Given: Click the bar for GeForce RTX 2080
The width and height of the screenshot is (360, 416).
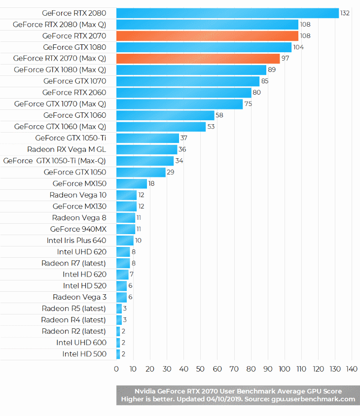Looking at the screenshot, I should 227,13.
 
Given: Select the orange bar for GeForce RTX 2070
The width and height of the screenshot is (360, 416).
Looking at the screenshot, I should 207,35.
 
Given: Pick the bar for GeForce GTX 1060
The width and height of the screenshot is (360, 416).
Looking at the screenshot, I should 165,115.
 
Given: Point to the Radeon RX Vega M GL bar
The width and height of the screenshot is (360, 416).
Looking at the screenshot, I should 146,149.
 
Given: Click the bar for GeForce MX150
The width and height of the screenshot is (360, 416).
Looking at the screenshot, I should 132,183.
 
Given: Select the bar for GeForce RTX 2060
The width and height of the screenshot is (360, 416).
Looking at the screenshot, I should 183,92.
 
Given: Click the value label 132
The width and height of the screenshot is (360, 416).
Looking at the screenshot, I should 345,13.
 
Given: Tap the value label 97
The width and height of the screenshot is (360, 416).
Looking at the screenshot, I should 285,59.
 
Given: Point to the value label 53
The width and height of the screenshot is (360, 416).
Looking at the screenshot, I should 211,127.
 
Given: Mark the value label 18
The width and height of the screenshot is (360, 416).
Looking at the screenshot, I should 151,183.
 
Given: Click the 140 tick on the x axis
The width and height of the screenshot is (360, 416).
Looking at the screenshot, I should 352,369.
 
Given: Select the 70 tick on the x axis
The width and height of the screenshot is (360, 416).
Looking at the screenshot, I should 234,369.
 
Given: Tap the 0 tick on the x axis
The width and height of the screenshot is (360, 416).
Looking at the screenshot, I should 116,369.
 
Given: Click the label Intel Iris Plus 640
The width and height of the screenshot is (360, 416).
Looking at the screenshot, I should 76,240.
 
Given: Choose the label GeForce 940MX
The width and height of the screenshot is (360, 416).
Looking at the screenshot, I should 78,229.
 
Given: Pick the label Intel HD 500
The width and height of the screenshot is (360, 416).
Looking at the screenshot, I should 84,354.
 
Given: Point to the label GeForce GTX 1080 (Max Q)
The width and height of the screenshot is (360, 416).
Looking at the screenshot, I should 60,69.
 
